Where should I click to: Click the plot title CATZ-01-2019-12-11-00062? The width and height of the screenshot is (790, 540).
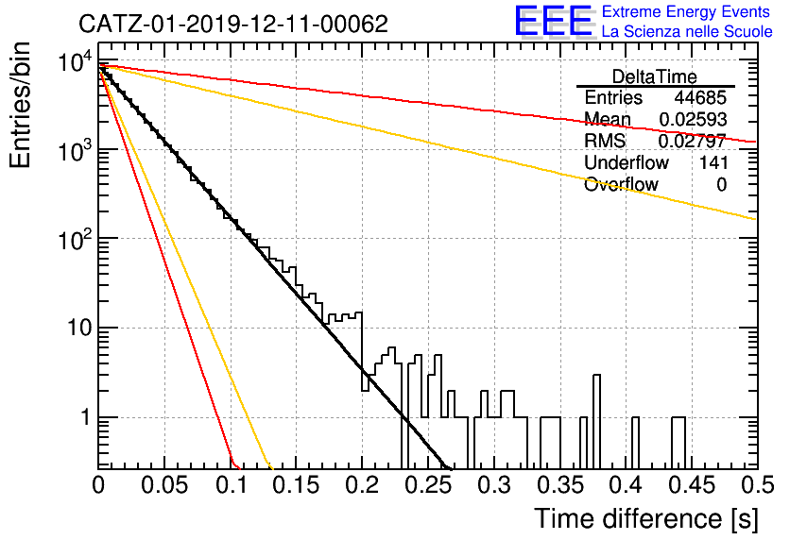pyautogui.click(x=233, y=24)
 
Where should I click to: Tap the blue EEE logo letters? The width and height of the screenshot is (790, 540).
pyautogui.click(x=553, y=20)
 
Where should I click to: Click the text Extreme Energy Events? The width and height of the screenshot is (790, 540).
pyautogui.click(x=686, y=11)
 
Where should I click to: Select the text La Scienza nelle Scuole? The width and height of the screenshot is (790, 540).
pyautogui.click(x=687, y=31)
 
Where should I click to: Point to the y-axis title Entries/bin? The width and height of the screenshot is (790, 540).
pyautogui.click(x=20, y=106)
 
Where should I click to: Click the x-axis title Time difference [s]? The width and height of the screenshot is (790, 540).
pyautogui.click(x=646, y=519)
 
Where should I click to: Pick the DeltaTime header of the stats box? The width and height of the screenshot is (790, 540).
pyautogui.click(x=654, y=76)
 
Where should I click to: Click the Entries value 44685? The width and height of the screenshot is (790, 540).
pyautogui.click(x=700, y=97)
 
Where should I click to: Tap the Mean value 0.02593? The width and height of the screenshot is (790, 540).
pyautogui.click(x=693, y=119)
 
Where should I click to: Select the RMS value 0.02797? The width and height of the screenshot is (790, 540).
pyautogui.click(x=693, y=141)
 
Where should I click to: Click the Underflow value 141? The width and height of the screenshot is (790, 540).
pyautogui.click(x=713, y=162)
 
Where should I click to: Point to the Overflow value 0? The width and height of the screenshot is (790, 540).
pyautogui.click(x=721, y=185)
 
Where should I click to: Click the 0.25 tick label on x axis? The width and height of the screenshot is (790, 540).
pyautogui.click(x=428, y=485)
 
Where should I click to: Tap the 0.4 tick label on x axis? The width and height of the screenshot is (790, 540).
pyautogui.click(x=626, y=485)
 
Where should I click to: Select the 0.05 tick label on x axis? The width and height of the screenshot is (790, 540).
pyautogui.click(x=164, y=485)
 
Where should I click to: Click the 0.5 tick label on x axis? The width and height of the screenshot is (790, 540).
pyautogui.click(x=757, y=485)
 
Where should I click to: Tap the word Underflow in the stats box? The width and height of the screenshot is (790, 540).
pyautogui.click(x=627, y=162)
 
